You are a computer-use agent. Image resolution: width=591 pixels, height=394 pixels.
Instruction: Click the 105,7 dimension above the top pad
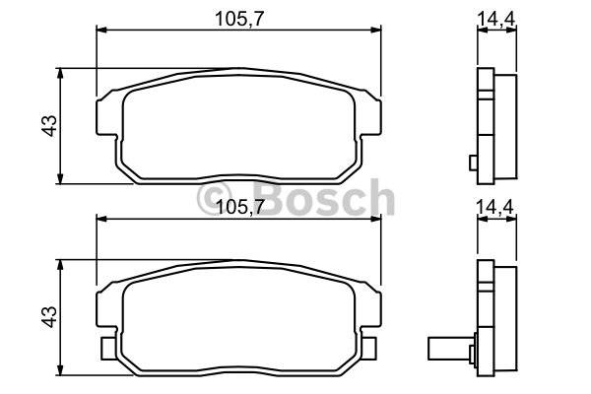(x=239, y=19)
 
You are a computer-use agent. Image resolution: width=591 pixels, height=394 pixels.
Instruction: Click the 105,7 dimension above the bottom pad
(x=239, y=207)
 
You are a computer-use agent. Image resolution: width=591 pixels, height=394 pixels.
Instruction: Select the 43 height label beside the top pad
(x=49, y=125)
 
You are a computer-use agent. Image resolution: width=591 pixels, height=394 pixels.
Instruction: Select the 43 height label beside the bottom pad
(x=49, y=317)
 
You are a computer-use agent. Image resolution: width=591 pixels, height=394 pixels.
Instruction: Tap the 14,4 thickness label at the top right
(x=496, y=18)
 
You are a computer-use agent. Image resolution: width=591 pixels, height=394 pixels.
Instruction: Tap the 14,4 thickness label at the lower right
(x=495, y=207)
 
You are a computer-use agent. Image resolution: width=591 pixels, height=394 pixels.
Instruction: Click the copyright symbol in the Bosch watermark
(x=214, y=199)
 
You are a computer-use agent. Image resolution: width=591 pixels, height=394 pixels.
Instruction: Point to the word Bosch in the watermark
(x=324, y=197)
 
